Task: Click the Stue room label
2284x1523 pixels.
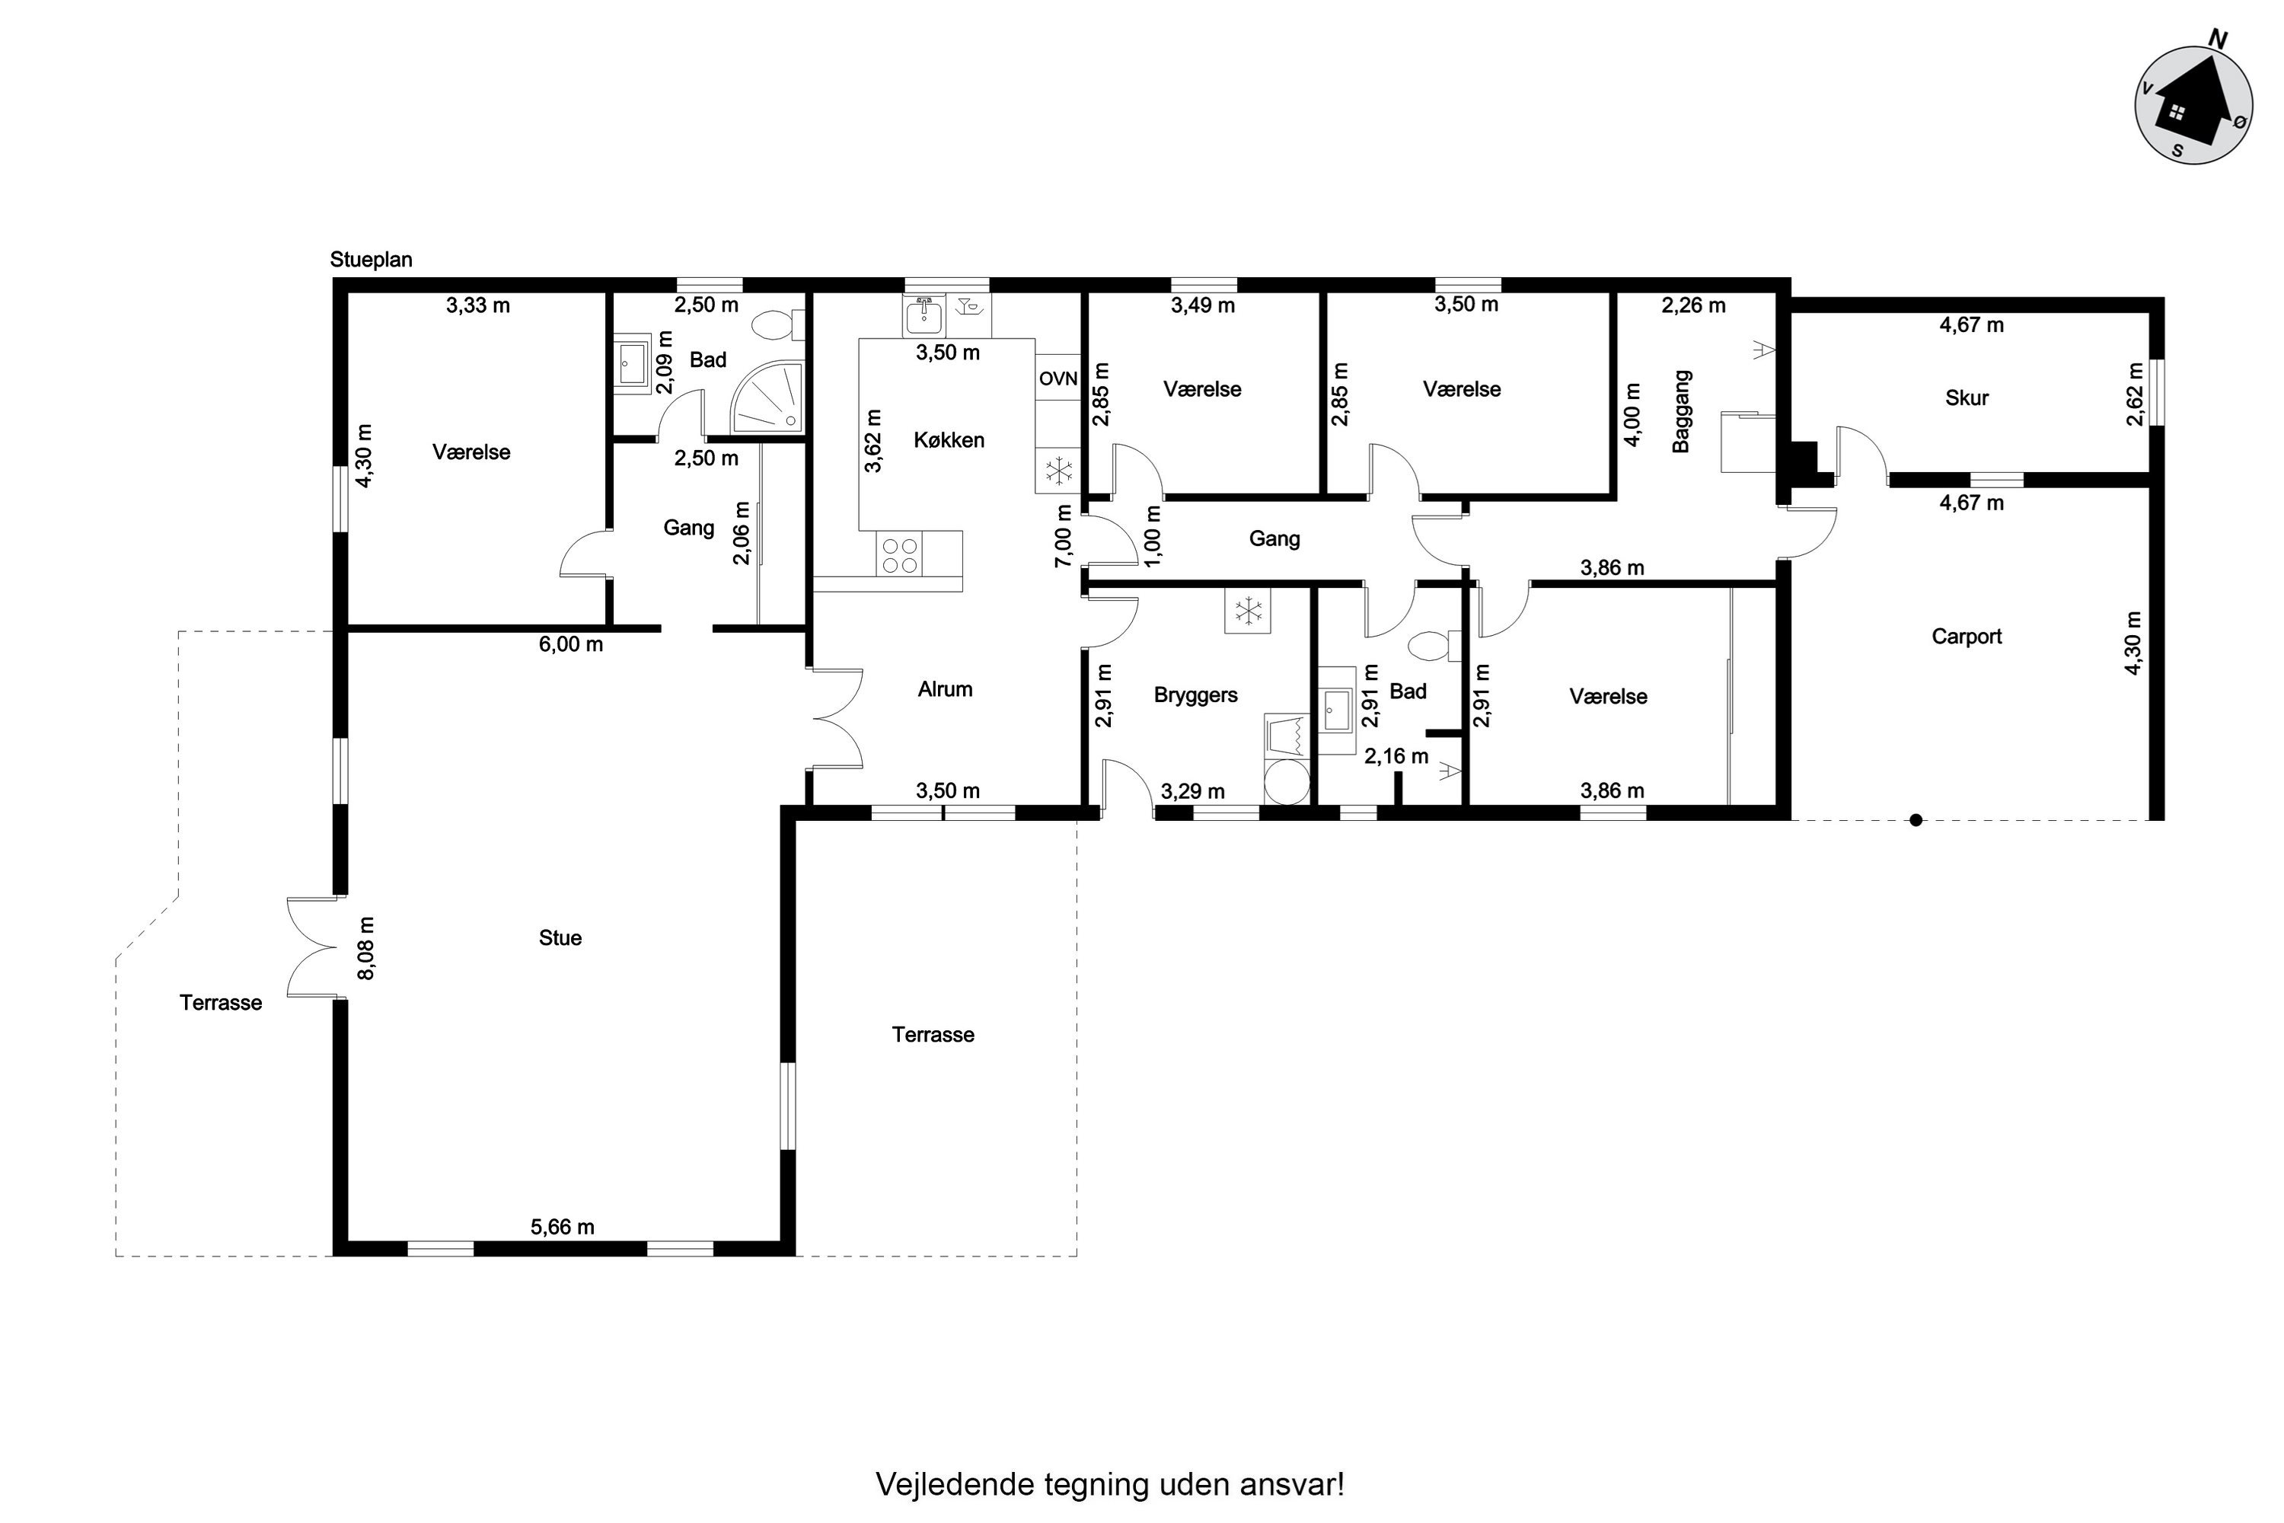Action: click(x=560, y=938)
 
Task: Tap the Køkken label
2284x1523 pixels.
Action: click(x=949, y=440)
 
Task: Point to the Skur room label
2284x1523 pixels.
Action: click(x=1967, y=398)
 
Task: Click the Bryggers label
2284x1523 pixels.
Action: click(x=1195, y=695)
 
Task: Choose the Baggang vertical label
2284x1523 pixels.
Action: click(x=1682, y=411)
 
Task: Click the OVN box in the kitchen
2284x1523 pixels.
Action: click(x=1057, y=378)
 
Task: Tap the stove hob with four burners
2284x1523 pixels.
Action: click(x=899, y=554)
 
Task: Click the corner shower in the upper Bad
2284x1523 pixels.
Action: click(x=768, y=398)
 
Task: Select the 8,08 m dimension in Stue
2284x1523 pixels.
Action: click(x=365, y=948)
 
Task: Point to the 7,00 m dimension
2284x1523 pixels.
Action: click(x=1064, y=536)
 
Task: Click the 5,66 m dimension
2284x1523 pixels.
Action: click(x=563, y=1227)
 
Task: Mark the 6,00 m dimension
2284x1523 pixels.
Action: click(x=571, y=644)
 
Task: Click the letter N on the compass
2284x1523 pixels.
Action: click(x=2218, y=39)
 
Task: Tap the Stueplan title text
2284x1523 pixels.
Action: click(x=371, y=260)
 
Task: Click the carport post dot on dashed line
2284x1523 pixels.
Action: click(x=1916, y=820)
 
